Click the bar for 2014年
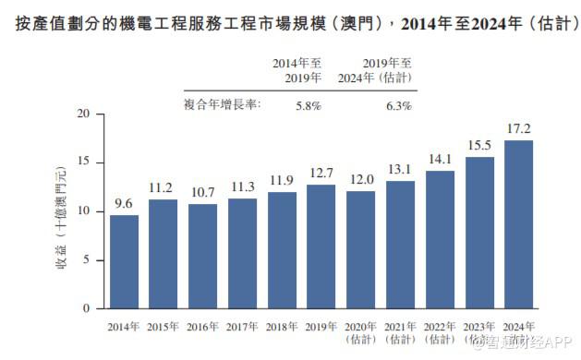tap(124, 261)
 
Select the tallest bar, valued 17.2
tap(518, 224)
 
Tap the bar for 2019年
tap(321, 246)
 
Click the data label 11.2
tap(163, 188)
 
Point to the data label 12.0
tap(360, 180)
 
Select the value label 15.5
tap(478, 146)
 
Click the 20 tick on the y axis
tap(85, 114)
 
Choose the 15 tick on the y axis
tap(85, 163)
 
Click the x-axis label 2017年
tap(242, 326)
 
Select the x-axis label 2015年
tap(163, 326)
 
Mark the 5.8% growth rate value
tap(308, 106)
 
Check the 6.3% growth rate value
tap(398, 106)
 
